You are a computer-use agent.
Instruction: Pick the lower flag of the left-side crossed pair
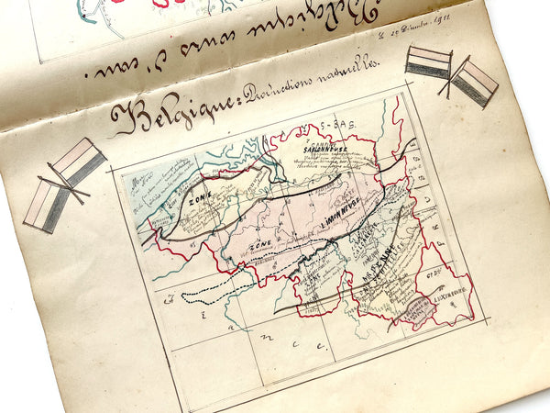pyautogui.click(x=48, y=205)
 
